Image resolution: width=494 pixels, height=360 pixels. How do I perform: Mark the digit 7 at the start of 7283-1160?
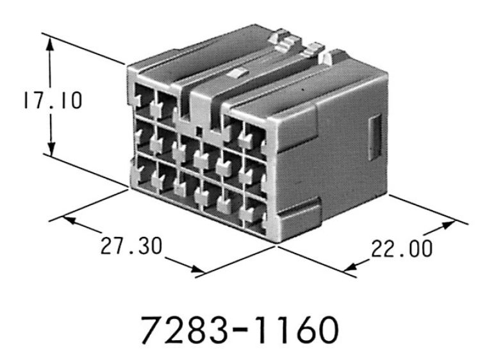[x=152, y=328]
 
